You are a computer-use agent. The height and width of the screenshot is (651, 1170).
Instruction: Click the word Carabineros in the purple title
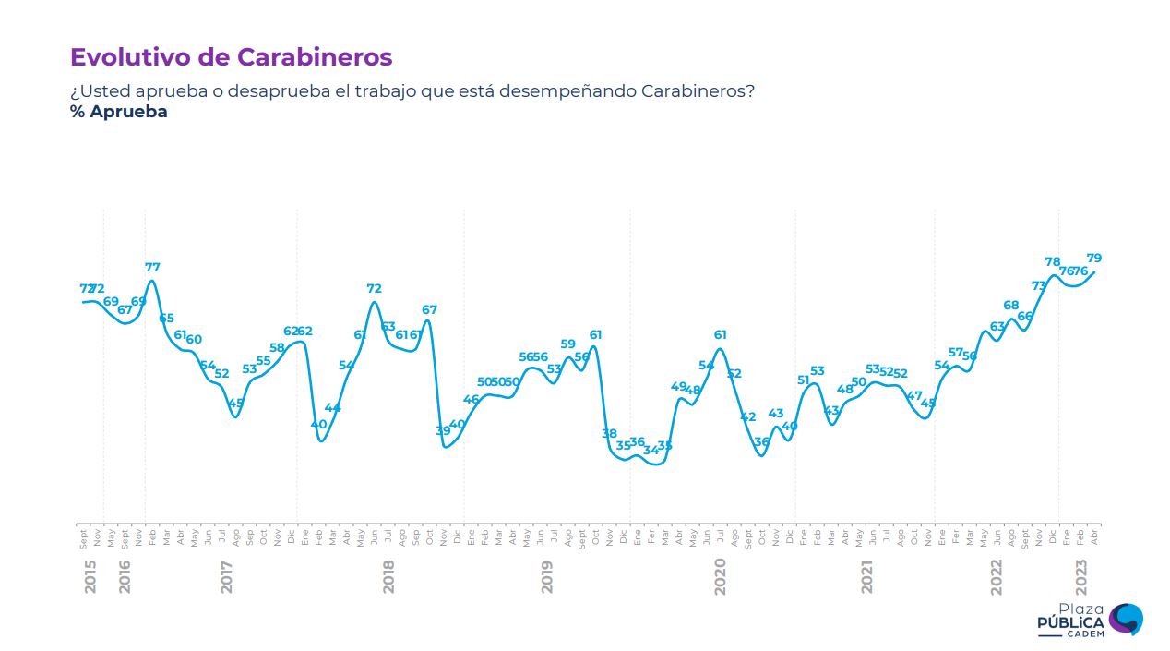coord(315,57)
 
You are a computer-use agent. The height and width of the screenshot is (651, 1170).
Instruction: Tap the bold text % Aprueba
coord(118,112)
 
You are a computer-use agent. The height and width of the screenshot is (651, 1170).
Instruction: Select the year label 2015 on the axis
coord(90,577)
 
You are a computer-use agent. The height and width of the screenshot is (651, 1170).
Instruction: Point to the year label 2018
coord(388,577)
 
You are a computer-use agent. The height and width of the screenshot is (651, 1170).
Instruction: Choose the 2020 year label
coord(721,577)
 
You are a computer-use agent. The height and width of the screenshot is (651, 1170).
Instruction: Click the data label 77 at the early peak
coord(152,268)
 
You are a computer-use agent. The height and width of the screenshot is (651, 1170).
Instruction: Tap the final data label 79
coord(1094,259)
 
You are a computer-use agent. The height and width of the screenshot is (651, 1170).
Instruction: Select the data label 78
coord(1052,262)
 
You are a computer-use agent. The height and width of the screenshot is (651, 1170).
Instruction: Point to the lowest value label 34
coord(651,450)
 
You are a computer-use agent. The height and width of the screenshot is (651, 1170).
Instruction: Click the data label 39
coord(443,430)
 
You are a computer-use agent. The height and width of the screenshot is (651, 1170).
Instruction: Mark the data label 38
coord(609,433)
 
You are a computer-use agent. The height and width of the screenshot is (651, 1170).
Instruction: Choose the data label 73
coord(1039,286)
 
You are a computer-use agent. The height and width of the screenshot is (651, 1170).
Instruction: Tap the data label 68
coord(1011,306)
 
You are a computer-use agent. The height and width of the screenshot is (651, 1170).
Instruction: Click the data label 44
coord(333,408)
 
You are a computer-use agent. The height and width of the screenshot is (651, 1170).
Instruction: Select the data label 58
coord(277,347)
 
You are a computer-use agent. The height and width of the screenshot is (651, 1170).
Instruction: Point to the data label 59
coord(567,344)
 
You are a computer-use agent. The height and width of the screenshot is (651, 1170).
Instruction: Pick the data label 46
coord(471,399)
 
